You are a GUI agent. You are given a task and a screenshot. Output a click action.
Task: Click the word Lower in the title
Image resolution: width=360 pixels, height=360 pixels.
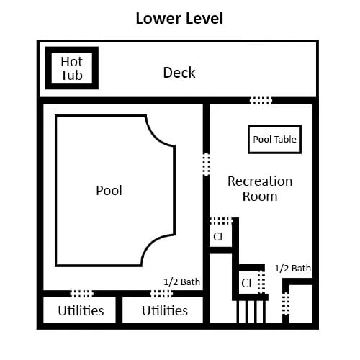[x=158, y=18]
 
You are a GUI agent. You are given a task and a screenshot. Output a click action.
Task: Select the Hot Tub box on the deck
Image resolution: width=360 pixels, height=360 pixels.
[x=72, y=68]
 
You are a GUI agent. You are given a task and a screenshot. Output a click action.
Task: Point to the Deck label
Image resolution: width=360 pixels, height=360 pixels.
[x=179, y=73]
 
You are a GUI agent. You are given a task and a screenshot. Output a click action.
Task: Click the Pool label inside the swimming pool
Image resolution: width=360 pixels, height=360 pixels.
[x=109, y=191]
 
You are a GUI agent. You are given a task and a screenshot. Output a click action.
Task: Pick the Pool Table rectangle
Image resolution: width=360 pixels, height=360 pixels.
[x=274, y=139]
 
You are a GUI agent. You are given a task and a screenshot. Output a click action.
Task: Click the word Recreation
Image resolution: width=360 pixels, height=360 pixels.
[x=260, y=181]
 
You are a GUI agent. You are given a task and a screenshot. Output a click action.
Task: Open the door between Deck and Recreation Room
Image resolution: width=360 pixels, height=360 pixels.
[x=261, y=100]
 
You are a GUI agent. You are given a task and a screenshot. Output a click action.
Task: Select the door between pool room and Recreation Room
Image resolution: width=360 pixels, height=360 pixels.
[x=207, y=164]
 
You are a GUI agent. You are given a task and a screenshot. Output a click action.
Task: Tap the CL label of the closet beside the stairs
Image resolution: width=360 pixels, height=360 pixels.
[x=248, y=283]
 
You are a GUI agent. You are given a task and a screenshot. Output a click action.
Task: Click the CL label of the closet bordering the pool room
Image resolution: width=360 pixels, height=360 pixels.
[x=219, y=237]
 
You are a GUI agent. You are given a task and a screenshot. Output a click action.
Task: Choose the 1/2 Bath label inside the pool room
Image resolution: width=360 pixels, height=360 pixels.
[x=181, y=282]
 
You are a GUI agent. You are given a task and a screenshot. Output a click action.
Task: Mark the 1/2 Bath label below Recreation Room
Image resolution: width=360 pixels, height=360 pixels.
[x=292, y=268]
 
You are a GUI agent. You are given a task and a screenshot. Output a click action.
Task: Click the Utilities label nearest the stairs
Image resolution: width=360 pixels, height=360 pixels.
[x=165, y=311]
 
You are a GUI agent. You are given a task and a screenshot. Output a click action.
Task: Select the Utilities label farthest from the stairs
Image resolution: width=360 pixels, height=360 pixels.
[x=81, y=311]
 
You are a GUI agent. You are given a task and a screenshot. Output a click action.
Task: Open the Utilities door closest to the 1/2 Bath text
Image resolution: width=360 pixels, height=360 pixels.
[x=161, y=294]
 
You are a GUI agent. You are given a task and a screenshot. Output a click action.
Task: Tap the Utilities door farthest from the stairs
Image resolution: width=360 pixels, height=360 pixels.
[x=81, y=294]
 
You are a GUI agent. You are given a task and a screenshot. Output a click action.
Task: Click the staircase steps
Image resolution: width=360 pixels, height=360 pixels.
[x=251, y=311]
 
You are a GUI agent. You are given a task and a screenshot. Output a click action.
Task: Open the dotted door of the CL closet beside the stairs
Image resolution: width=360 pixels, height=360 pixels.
[x=261, y=282]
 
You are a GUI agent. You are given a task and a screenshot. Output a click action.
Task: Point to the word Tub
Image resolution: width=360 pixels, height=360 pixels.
[x=71, y=76]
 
